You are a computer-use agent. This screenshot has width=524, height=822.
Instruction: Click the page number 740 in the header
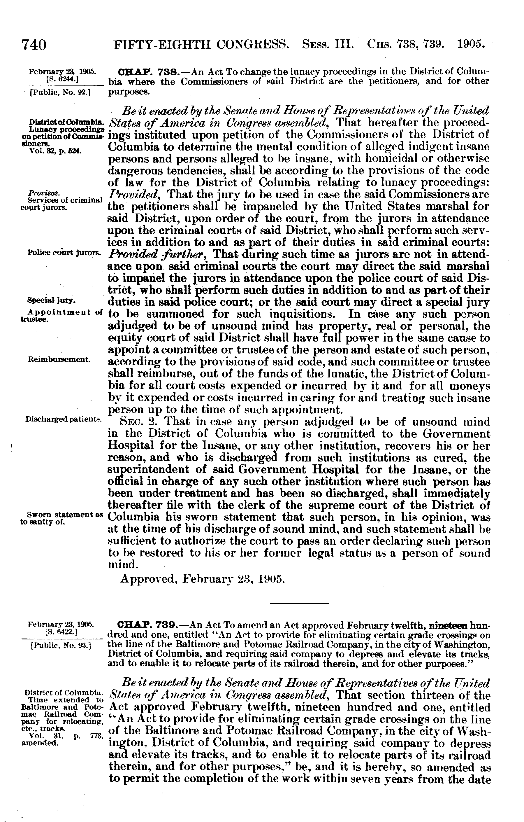coord(34,45)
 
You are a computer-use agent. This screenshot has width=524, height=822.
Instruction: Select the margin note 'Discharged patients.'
coord(64,419)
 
